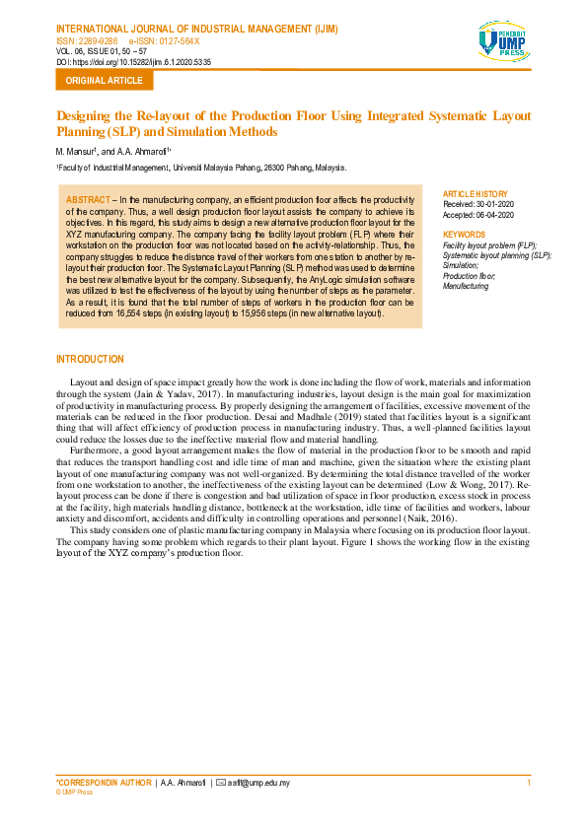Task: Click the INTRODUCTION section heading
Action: tap(91, 359)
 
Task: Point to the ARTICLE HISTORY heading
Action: tap(477, 193)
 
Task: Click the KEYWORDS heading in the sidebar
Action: tap(465, 235)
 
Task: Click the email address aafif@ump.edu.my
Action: tap(258, 783)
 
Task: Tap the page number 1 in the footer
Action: tap(529, 783)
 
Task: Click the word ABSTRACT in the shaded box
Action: tap(89, 199)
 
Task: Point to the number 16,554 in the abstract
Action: tap(136, 313)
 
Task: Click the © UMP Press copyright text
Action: tap(75, 792)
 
